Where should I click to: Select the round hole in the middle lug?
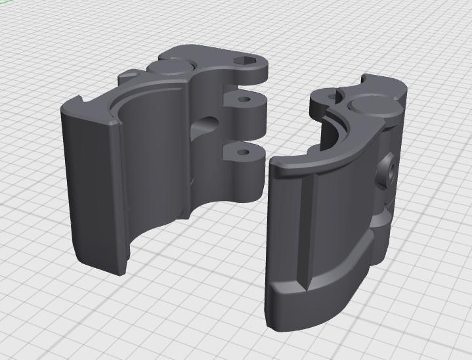[x=246, y=101]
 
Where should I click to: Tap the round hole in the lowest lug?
[x=244, y=152]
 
